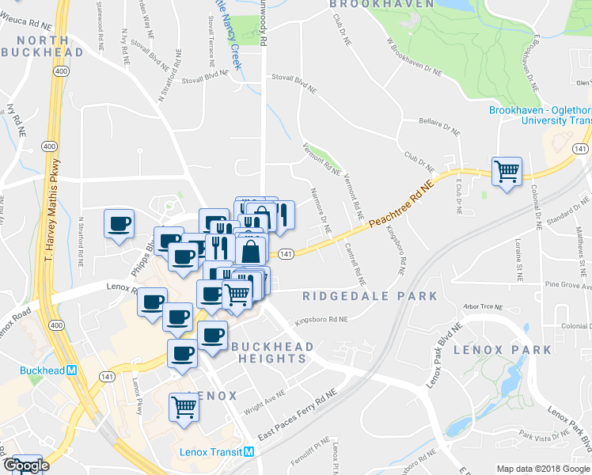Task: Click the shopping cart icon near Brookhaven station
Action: tap(507, 170)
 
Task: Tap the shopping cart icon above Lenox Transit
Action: tap(184, 407)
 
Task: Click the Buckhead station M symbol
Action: tap(71, 370)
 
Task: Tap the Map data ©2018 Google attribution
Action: tap(543, 469)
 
